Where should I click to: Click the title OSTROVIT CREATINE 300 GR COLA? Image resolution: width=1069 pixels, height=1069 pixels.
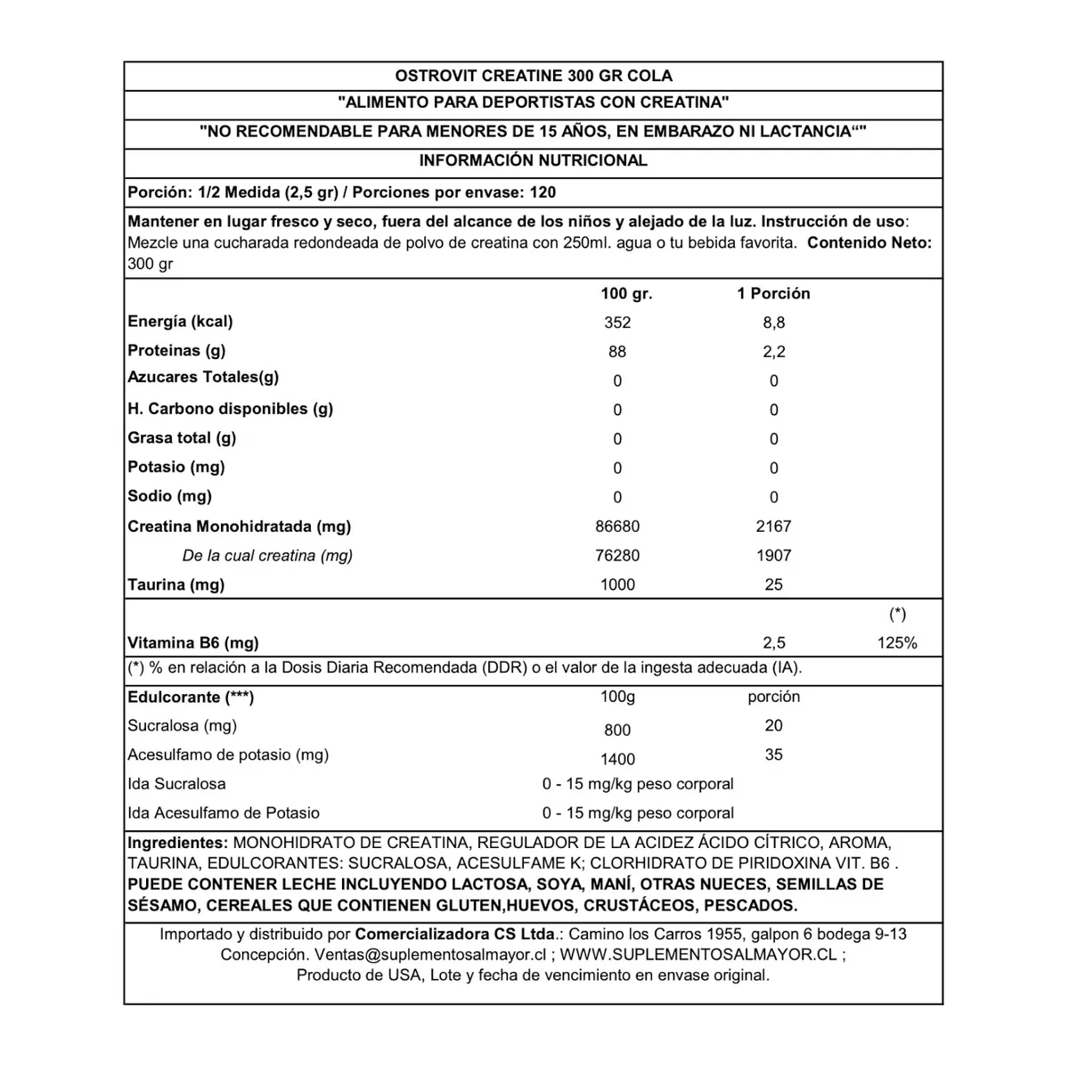(x=533, y=76)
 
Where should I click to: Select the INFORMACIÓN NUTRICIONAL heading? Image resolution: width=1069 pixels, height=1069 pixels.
(x=533, y=160)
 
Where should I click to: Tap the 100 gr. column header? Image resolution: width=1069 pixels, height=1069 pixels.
(x=626, y=293)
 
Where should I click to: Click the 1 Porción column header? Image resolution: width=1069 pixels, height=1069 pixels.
(x=773, y=293)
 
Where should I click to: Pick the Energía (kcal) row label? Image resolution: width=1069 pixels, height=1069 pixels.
(x=180, y=322)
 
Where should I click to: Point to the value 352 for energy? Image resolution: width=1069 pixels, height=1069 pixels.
(x=617, y=322)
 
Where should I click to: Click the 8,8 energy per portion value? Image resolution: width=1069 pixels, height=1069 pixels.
(x=773, y=322)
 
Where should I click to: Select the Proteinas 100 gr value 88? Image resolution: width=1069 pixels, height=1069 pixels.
(x=617, y=352)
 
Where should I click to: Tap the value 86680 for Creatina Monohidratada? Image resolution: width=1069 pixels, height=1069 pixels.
(x=617, y=526)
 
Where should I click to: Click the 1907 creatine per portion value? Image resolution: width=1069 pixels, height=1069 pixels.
(x=773, y=555)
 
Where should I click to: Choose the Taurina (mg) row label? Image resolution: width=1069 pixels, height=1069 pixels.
(x=175, y=584)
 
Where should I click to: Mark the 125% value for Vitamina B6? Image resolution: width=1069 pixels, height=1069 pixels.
(x=897, y=643)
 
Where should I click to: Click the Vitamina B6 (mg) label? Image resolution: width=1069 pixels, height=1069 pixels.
(x=193, y=643)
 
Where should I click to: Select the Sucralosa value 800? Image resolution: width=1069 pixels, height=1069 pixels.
(x=617, y=730)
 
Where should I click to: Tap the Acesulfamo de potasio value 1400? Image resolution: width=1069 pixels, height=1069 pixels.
(x=617, y=759)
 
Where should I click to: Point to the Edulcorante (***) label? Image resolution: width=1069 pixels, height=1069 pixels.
(x=191, y=697)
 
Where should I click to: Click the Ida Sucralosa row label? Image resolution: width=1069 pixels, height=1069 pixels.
(x=176, y=784)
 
